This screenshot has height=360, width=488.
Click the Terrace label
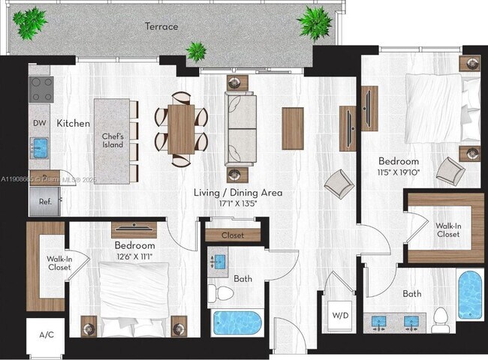161,26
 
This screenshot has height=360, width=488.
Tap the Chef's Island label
113,141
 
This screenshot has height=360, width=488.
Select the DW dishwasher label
39,122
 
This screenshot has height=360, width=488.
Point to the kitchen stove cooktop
41,89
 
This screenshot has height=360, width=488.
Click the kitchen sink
40,145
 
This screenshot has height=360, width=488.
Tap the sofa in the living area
241,129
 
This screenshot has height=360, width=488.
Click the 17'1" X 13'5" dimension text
237,202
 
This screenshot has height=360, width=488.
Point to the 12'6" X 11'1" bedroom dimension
135,256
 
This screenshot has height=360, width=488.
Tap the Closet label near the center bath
233,235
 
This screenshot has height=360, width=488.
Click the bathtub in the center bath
236,322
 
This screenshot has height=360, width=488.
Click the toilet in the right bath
442,319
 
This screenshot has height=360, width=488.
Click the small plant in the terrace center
197,51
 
